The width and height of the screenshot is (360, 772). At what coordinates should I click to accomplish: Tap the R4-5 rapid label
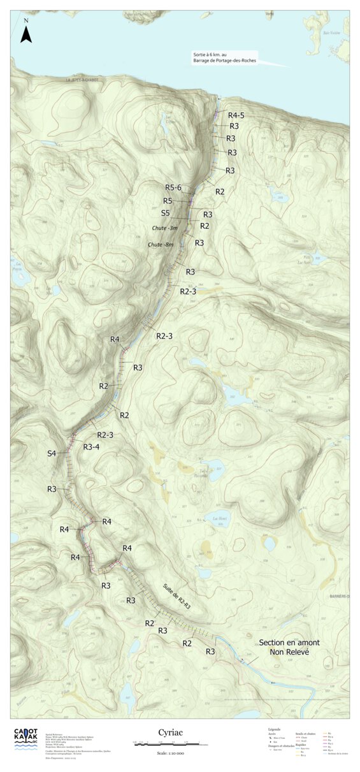coord(237,115)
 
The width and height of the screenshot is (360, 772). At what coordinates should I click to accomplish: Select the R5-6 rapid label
coord(173,187)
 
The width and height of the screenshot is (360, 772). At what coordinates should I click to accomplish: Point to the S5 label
coord(166,213)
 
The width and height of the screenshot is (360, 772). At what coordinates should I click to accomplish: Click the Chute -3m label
coord(164,228)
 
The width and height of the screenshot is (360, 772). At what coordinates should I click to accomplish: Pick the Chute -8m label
coord(160,245)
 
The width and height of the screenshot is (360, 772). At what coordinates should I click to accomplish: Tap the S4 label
coord(52,453)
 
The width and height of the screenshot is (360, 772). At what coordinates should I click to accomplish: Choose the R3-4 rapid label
coord(91,447)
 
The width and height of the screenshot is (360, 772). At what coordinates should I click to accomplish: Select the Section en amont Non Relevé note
coord(289,647)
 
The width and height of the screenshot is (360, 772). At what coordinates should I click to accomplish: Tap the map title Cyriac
coord(170,733)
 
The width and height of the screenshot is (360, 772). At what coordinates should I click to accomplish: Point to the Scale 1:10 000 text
coord(170,753)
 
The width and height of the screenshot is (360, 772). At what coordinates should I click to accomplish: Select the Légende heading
coord(275,729)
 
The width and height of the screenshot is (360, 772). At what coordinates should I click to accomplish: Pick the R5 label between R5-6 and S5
coord(167,201)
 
